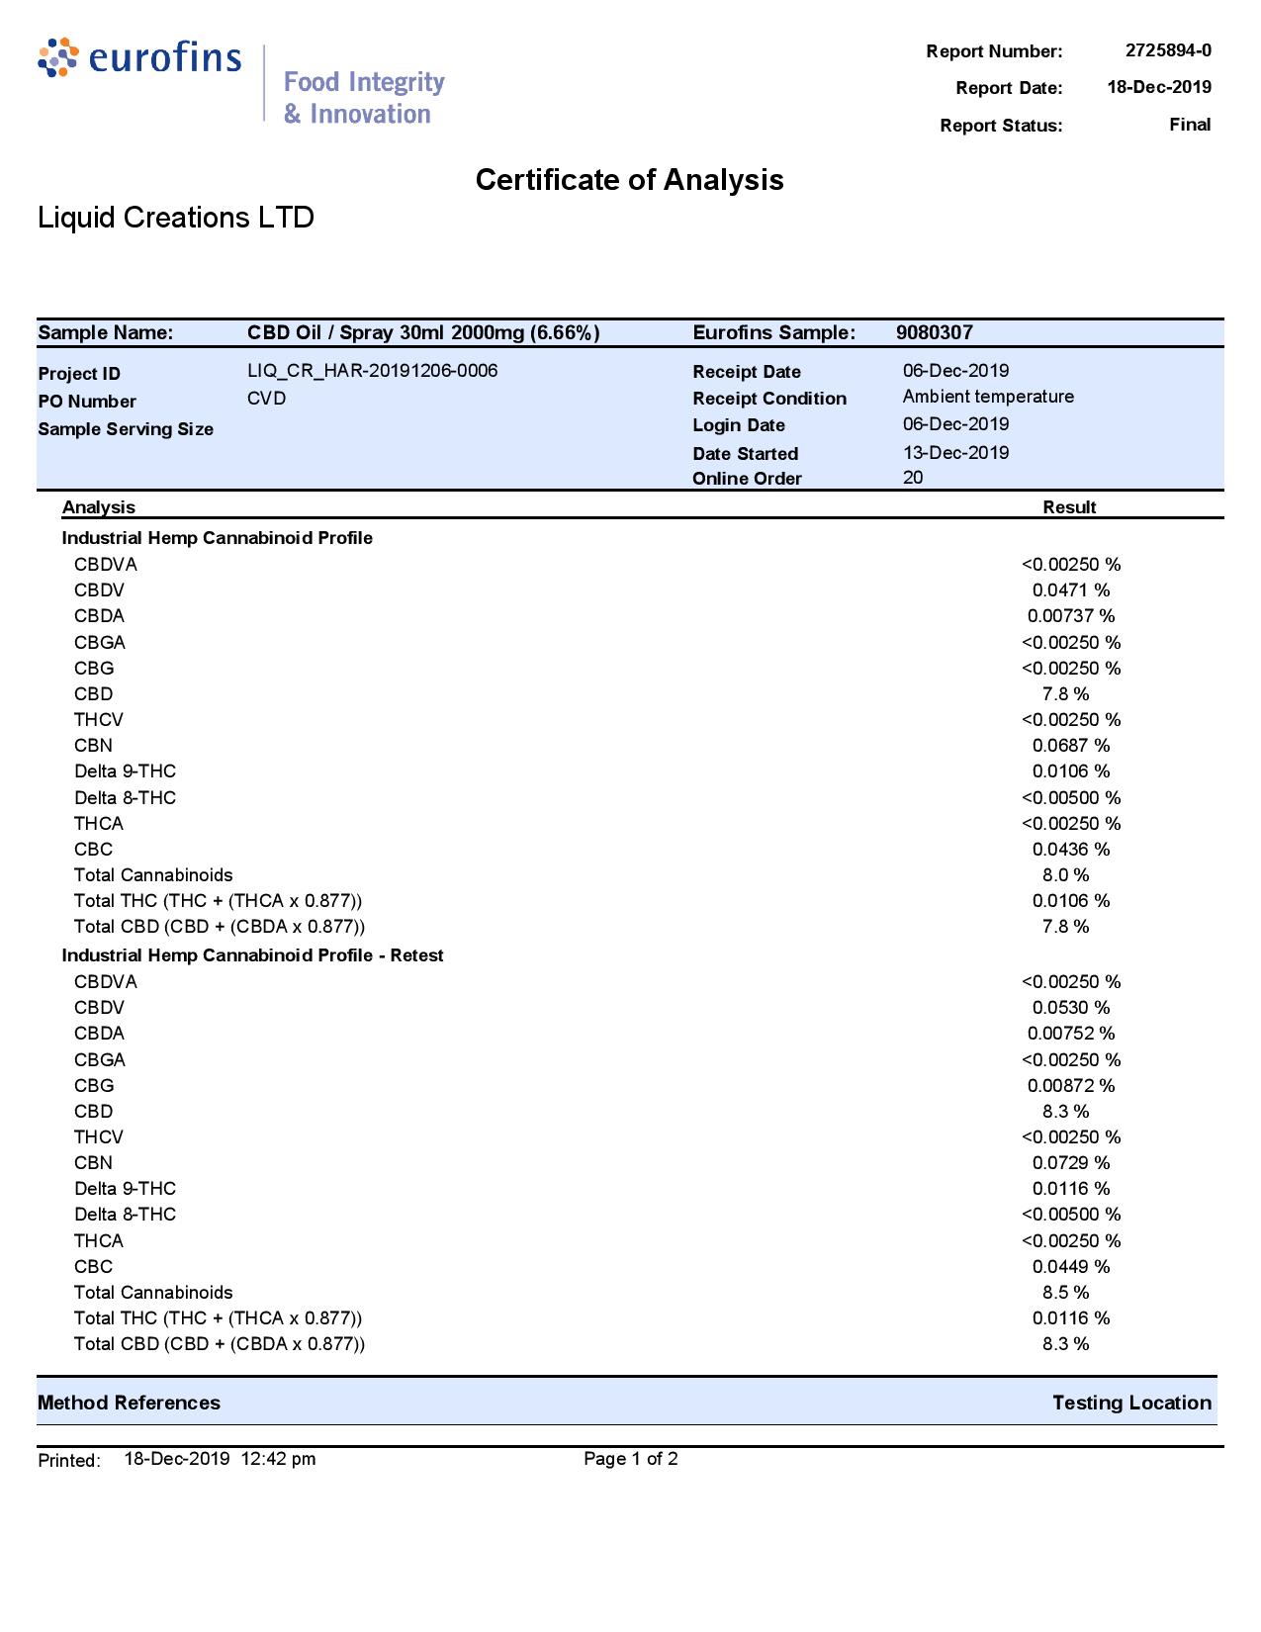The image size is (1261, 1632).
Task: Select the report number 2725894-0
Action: pyautogui.click(x=1168, y=50)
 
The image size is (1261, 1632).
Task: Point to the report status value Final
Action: pyautogui.click(x=1190, y=125)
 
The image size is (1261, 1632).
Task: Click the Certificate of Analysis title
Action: pyautogui.click(x=629, y=180)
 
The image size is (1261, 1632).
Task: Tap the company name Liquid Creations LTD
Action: pyautogui.click(x=176, y=218)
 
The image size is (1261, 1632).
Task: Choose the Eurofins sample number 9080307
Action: pyautogui.click(x=935, y=332)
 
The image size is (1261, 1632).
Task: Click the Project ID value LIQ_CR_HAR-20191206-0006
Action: pyautogui.click(x=373, y=371)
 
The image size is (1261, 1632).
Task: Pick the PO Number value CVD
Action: pyautogui.click(x=267, y=399)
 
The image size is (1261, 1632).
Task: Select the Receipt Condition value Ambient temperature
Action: pyautogui.click(x=988, y=397)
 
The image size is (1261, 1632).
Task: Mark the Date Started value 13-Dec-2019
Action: pyautogui.click(x=955, y=453)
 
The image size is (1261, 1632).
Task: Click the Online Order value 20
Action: pyautogui.click(x=913, y=478)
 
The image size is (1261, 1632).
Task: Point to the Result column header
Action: pyautogui.click(x=1069, y=507)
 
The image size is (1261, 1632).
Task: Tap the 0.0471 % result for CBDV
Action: pyautogui.click(x=1071, y=590)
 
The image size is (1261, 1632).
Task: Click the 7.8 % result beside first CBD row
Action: pyautogui.click(x=1065, y=694)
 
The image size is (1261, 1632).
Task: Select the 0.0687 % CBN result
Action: pyautogui.click(x=1071, y=746)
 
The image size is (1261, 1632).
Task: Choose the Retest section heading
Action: pyautogui.click(x=252, y=955)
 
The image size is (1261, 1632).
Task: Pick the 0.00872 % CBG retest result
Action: pyautogui.click(x=1071, y=1086)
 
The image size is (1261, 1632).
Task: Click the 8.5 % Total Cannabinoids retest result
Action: pyautogui.click(x=1065, y=1293)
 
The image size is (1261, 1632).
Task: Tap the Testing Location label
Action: pyautogui.click(x=1131, y=1403)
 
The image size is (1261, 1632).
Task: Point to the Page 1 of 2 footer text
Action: pyautogui.click(x=631, y=1459)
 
